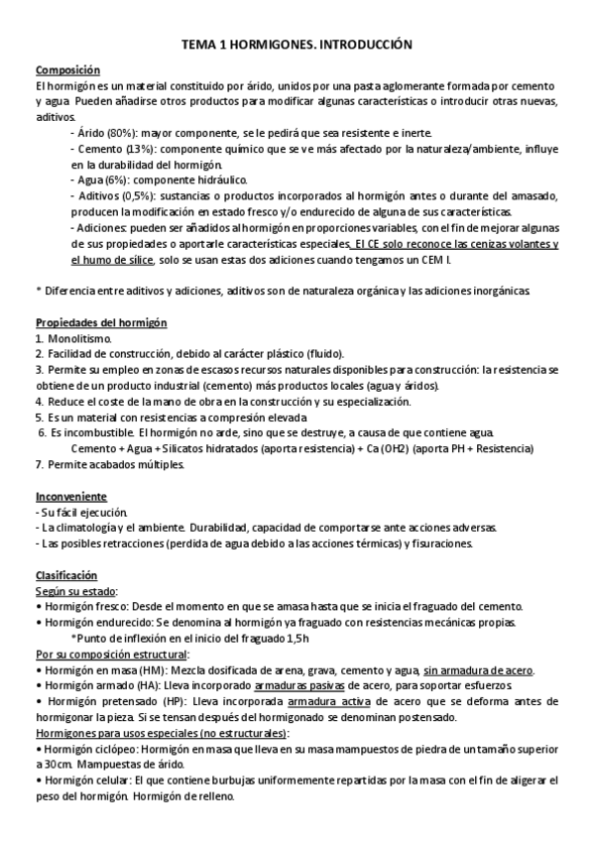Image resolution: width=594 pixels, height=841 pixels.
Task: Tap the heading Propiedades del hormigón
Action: click(x=100, y=324)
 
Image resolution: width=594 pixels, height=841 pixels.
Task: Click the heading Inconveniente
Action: click(x=70, y=496)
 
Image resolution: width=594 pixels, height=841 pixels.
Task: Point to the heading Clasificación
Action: click(x=66, y=575)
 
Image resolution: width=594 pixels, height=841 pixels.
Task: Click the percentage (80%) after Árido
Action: click(x=124, y=133)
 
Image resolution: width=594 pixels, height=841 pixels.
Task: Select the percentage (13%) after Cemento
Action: click(x=138, y=149)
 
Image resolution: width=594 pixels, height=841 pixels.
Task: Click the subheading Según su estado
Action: click(x=74, y=591)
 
